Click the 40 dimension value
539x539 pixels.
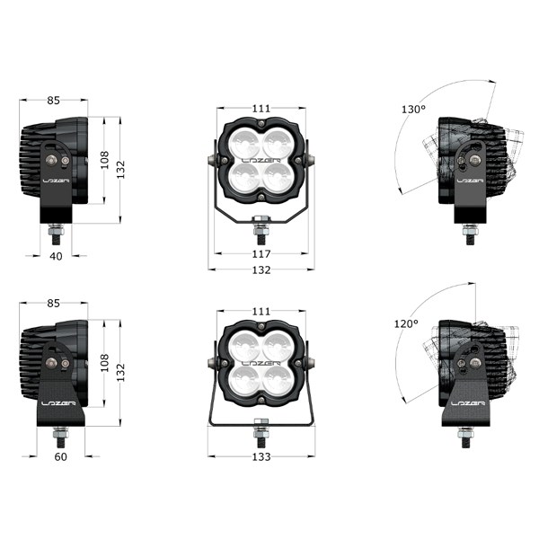coord(56,256)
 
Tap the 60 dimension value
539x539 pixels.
coord(61,457)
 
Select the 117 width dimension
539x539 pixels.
coord(261,254)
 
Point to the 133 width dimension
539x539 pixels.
coord(261,457)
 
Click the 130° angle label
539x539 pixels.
coord(413,110)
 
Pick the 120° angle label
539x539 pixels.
coord(406,323)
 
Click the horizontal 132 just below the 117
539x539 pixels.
coord(261,270)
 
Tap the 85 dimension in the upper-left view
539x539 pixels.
coord(53,101)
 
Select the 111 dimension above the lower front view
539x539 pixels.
coord(261,312)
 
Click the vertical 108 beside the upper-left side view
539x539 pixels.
coord(104,160)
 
